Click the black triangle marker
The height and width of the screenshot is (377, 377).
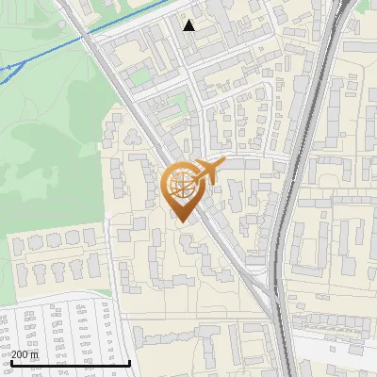[189, 25]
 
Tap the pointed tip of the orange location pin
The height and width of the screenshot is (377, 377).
[180, 221]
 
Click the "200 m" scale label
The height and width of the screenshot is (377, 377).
[25, 354]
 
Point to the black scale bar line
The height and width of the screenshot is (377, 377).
[71, 363]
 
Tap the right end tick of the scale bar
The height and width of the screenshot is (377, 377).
[130, 361]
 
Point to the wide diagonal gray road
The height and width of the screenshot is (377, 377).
[141, 123]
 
